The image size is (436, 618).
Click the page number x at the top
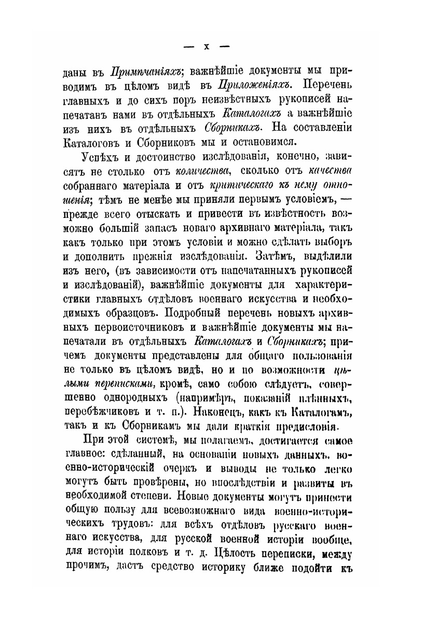point(206,46)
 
